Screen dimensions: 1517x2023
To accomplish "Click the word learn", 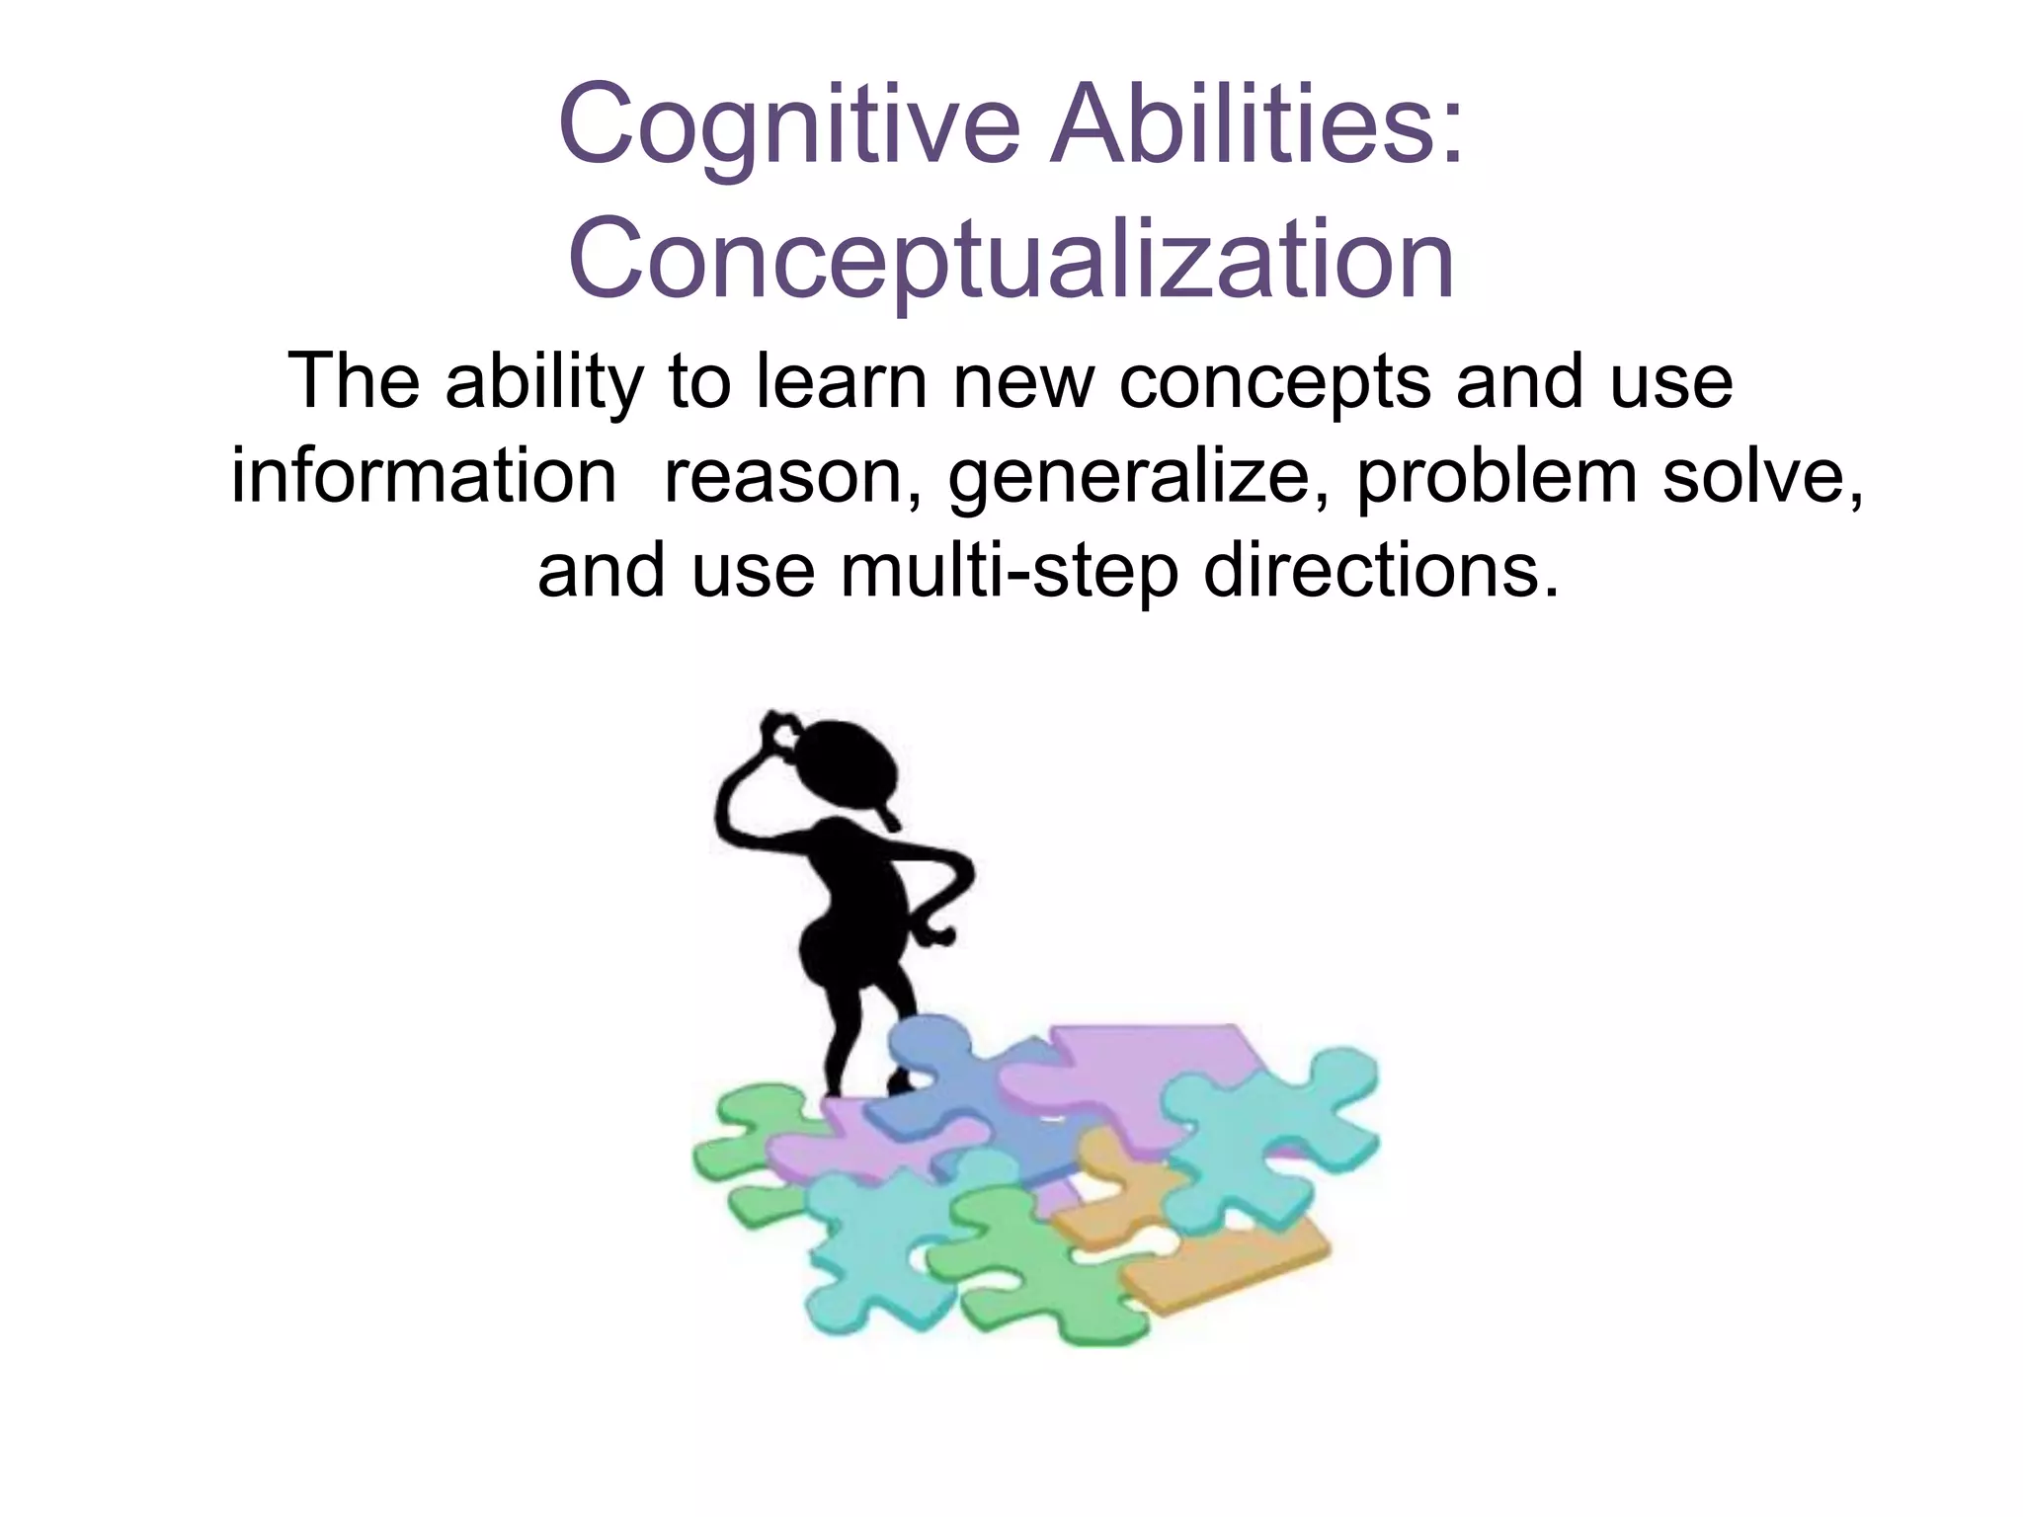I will click(841, 381).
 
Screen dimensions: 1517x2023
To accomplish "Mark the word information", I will click(424, 476).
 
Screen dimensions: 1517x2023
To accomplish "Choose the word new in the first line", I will click(1023, 383).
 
